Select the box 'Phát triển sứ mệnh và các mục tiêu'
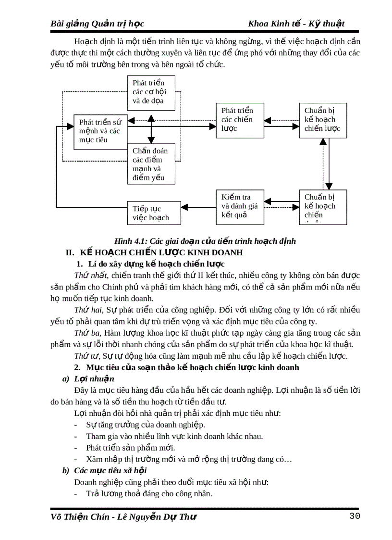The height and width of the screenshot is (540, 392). point(100,131)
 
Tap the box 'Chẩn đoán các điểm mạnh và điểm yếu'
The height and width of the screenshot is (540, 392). point(151,164)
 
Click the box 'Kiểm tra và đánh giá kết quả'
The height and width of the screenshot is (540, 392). point(240,207)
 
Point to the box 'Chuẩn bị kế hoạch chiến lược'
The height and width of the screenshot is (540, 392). point(322,120)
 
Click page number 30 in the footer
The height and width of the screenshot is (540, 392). point(355,516)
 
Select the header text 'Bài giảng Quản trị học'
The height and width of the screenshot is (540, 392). point(98,24)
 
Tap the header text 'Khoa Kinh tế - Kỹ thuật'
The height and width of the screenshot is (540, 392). point(296,24)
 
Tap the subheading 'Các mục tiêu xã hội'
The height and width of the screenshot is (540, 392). point(110,470)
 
